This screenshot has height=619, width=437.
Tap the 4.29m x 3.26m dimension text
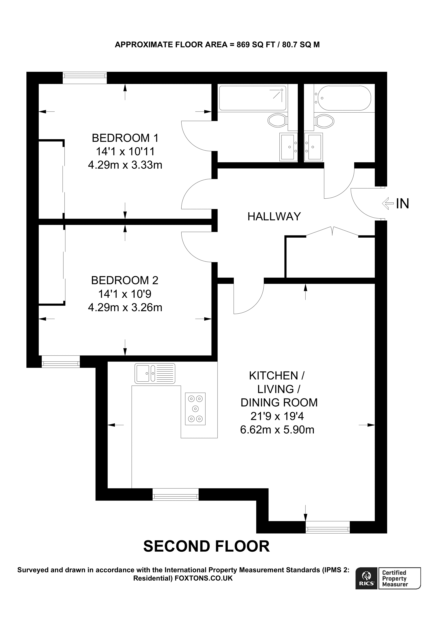pyautogui.click(x=125, y=307)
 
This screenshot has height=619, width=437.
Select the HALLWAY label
pyautogui.click(x=274, y=217)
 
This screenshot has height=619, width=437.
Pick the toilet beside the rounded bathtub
pyautogui.click(x=325, y=121)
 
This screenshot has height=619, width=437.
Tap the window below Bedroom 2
pyautogui.click(x=61, y=361)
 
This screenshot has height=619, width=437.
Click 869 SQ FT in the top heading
pyautogui.click(x=255, y=45)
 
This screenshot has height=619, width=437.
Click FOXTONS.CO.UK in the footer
pyautogui.click(x=204, y=578)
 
